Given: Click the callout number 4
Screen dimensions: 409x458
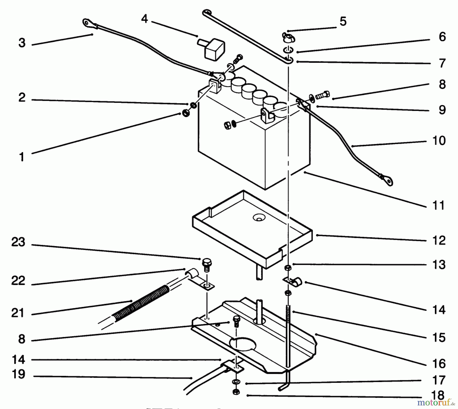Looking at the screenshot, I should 145,19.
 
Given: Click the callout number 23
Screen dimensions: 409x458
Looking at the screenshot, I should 18,242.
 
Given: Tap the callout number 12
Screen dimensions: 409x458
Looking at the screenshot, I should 439,240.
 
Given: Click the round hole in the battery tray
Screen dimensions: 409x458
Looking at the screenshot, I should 259,218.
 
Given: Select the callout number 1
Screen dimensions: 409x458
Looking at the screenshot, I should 22,157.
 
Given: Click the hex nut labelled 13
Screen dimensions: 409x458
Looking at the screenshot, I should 288,267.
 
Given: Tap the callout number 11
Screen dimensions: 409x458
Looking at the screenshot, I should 439,205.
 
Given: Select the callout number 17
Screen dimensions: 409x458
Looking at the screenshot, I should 439,380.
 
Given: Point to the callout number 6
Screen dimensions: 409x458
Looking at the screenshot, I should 442,37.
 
